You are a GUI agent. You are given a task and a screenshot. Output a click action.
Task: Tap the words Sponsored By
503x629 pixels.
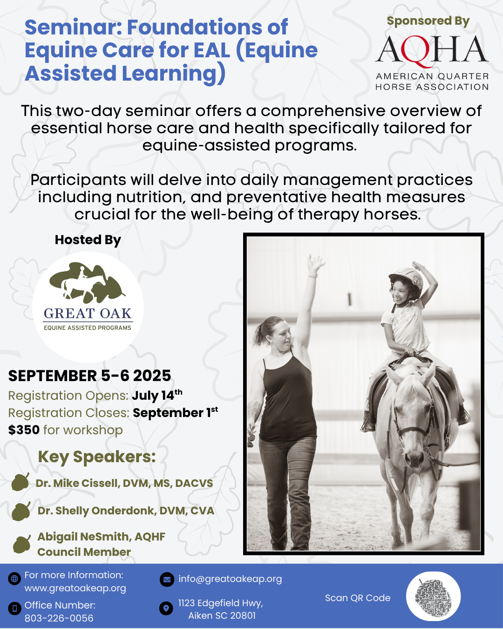[428, 21]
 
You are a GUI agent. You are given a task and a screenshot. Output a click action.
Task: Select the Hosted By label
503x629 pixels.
[88, 240]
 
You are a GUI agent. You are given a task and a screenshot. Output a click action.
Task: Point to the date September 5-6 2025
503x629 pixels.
[89, 376]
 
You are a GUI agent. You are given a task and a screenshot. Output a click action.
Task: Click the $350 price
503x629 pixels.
[24, 430]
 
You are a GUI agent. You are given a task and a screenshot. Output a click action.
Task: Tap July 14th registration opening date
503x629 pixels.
[157, 395]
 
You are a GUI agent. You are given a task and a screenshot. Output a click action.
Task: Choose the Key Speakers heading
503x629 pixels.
[97, 457]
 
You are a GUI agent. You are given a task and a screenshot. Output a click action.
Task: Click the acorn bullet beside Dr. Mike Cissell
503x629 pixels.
[20, 482]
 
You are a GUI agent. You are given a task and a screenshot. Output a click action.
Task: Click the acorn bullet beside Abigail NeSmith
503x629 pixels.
[22, 544]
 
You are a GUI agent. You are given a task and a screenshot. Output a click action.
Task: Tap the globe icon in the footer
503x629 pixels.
[14, 578]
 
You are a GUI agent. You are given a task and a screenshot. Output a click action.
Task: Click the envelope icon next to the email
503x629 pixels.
[167, 580]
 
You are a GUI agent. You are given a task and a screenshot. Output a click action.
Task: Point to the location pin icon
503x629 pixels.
[166, 608]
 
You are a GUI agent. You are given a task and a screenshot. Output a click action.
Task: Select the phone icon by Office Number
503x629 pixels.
[14, 608]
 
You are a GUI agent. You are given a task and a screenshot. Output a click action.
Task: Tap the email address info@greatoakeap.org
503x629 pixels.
[230, 579]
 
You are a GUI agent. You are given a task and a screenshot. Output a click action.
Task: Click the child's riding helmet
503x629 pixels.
[406, 278]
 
